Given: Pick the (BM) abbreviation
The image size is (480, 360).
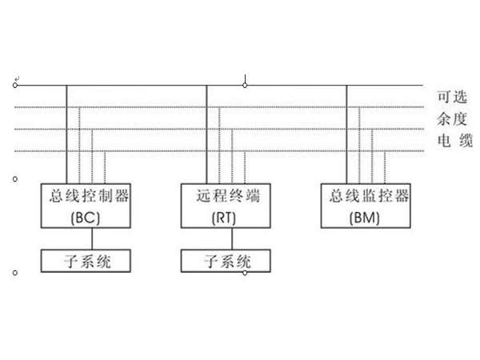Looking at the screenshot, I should pos(367,217).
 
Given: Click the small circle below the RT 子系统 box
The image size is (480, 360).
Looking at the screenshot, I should pos(245,273).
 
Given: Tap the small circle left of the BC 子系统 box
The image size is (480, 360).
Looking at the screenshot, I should pos(15,273).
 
